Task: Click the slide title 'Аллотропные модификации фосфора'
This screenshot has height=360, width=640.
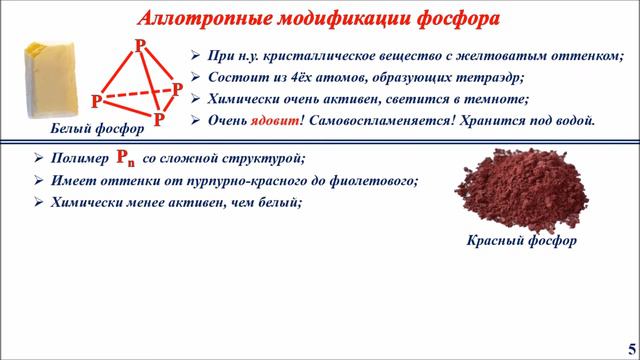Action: coord(319,18)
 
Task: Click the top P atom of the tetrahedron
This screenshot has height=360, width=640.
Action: coord(139,46)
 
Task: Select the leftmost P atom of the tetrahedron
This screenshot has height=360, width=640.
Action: coord(96,101)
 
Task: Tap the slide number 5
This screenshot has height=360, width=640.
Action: coord(629,346)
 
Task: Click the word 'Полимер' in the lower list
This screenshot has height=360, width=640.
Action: coord(79,159)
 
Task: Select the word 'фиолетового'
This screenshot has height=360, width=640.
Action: coord(372,181)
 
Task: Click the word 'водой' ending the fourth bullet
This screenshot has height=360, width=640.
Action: coord(573,119)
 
